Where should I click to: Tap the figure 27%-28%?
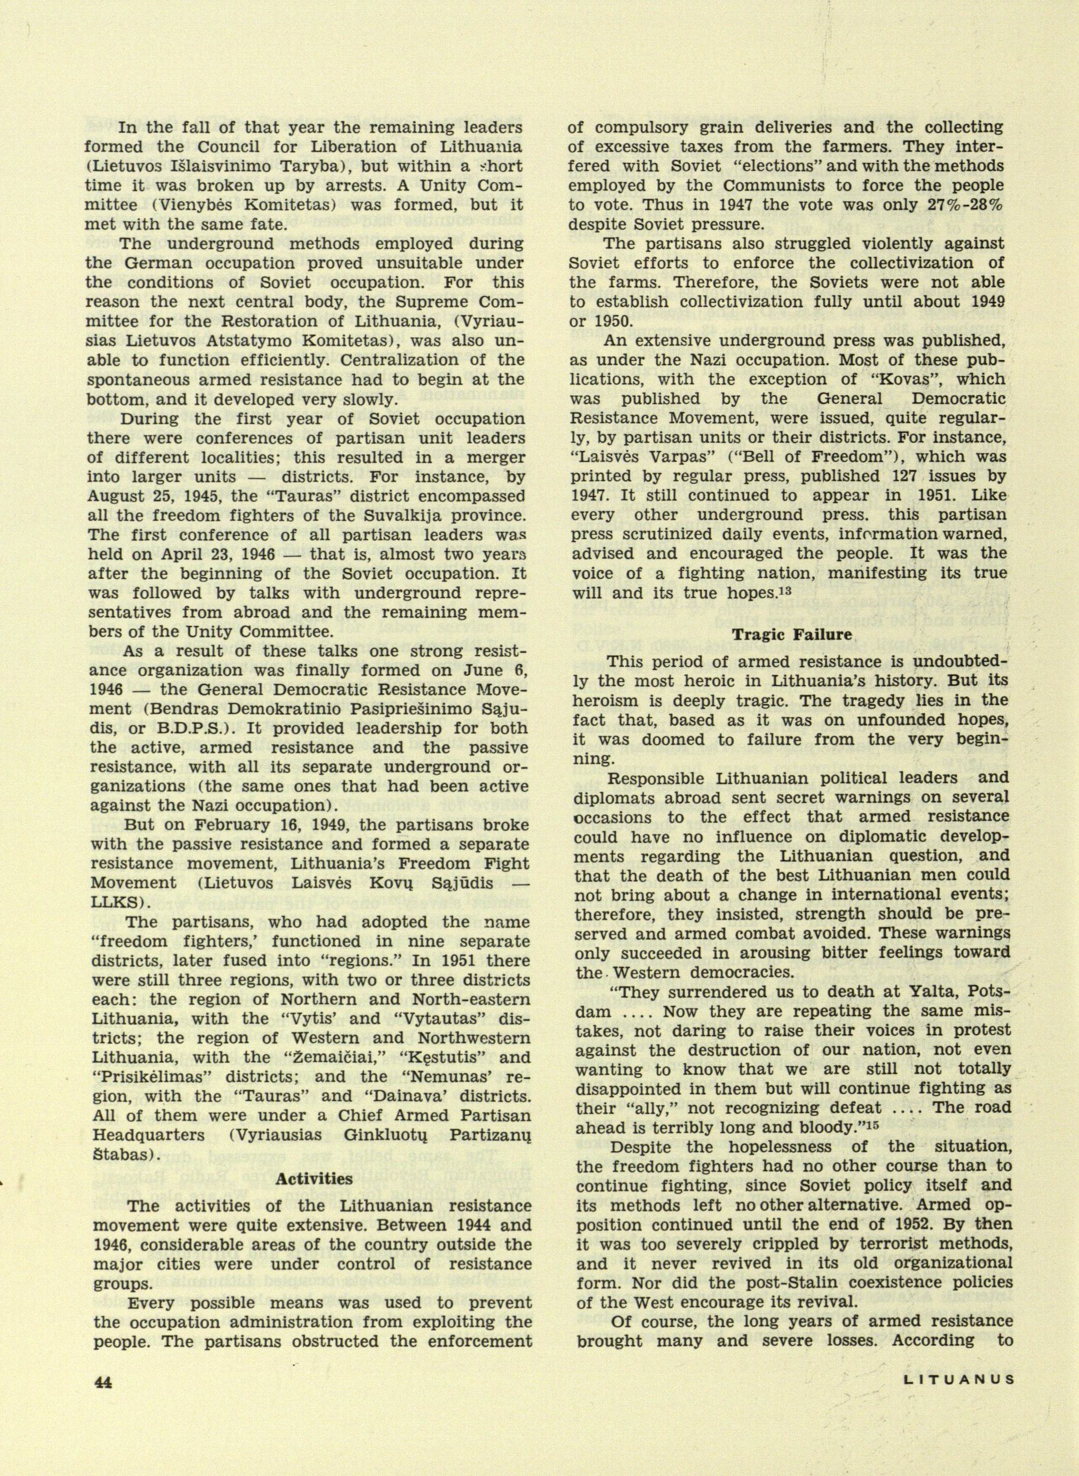(961, 204)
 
